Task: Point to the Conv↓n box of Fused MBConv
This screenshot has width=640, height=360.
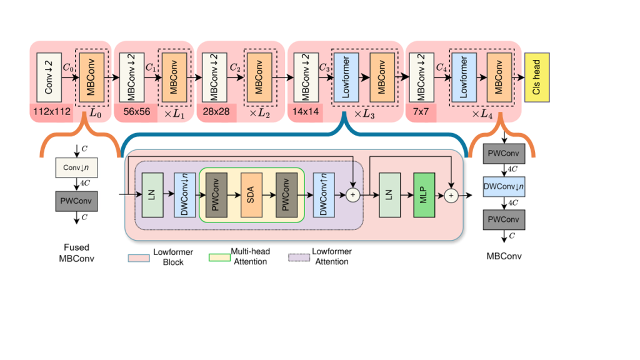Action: (x=76, y=168)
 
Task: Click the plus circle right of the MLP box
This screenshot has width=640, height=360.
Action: (x=451, y=196)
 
